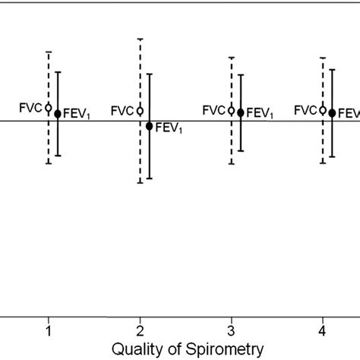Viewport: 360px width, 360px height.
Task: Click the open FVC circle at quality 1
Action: tap(49, 108)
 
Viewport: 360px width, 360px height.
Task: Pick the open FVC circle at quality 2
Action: tap(140, 110)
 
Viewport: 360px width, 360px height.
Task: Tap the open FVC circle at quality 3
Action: tap(231, 110)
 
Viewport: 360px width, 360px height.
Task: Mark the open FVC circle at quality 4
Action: tap(323, 110)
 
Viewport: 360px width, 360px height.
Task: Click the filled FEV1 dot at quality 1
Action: tap(58, 113)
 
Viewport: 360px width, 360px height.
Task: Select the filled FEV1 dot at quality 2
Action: tap(149, 125)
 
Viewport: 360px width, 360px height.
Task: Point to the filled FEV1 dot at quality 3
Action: tap(241, 112)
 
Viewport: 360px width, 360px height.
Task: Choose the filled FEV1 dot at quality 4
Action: tap(332, 112)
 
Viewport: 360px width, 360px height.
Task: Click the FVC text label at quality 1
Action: tap(30, 108)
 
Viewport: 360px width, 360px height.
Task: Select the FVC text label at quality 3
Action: tap(213, 110)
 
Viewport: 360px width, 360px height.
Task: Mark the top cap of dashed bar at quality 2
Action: tap(140, 38)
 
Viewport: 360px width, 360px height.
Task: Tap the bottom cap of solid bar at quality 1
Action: tap(58, 156)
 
